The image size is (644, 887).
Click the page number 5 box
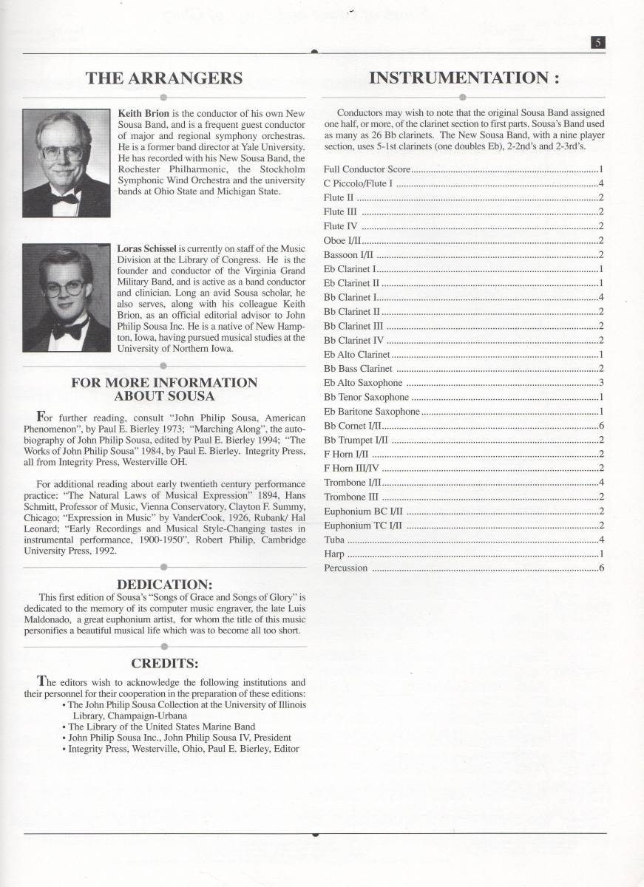click(598, 43)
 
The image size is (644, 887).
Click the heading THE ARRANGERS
click(164, 78)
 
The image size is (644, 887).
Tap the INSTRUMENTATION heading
click(464, 78)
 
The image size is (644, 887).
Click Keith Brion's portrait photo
click(67, 163)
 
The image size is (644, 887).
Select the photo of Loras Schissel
click(67, 298)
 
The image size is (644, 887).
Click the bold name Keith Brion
click(144, 114)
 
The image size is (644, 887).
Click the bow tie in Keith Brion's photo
click(66, 197)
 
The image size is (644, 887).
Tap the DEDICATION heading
click(163, 585)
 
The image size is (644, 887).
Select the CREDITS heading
click(164, 663)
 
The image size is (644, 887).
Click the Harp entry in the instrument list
click(334, 554)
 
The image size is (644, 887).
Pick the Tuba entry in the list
click(335, 540)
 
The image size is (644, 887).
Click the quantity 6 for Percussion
click(602, 568)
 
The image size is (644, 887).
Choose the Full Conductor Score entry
click(367, 169)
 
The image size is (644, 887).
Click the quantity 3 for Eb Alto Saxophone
click(602, 383)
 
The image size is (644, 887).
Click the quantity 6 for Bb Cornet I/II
click(602, 426)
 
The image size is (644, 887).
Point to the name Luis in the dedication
click(294, 608)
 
